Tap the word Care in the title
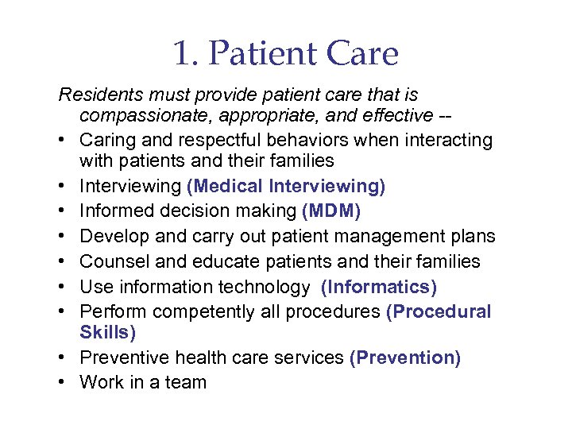coord(362,55)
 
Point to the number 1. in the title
coord(185,55)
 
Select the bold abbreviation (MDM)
coord(330,211)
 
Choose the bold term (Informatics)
coord(380,287)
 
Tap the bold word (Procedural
coord(439,312)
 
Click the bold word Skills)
coord(107,331)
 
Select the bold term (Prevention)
coord(404,357)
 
